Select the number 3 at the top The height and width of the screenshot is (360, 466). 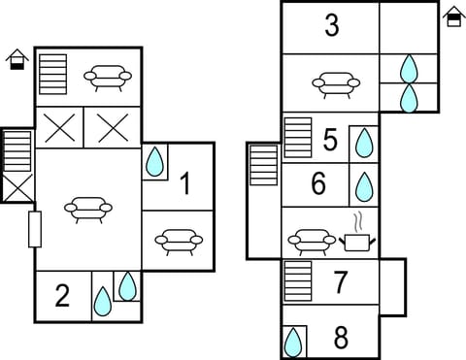pyautogui.click(x=332, y=26)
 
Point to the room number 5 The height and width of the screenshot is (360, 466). pyautogui.click(x=330, y=141)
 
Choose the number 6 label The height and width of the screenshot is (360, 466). pyautogui.click(x=319, y=183)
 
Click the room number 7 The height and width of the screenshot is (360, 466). pyautogui.click(x=341, y=283)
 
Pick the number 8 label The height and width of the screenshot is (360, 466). pyautogui.click(x=341, y=339)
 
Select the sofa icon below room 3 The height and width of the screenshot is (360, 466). pyautogui.click(x=335, y=84)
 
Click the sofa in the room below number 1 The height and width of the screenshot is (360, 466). pyautogui.click(x=178, y=240)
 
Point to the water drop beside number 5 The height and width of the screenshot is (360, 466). pyautogui.click(x=364, y=144)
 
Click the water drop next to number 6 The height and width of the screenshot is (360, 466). pyautogui.click(x=364, y=184)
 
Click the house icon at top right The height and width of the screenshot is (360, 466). pyautogui.click(x=453, y=16)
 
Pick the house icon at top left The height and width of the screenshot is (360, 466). pyautogui.click(x=16, y=60)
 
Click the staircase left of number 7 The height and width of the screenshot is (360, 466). pyautogui.click(x=298, y=281)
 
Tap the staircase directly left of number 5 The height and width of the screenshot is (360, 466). pyautogui.click(x=298, y=137)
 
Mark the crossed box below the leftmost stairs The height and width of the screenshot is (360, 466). pyautogui.click(x=17, y=187)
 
